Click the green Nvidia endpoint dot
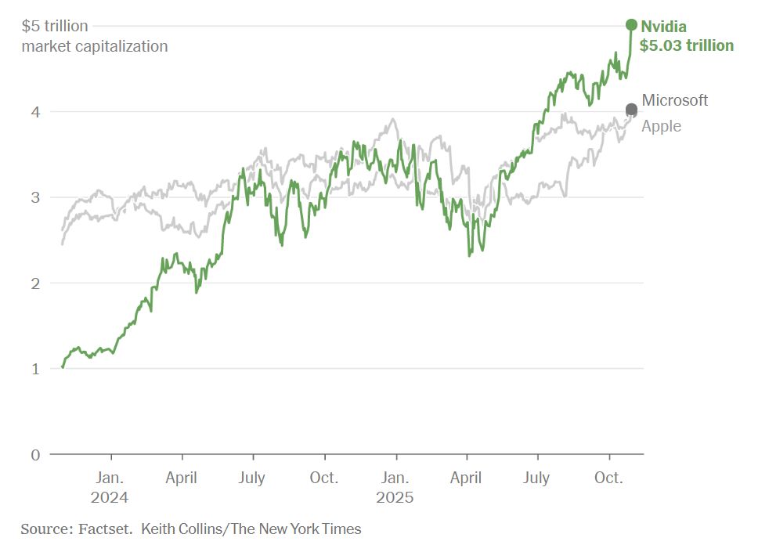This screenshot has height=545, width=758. coord(631,25)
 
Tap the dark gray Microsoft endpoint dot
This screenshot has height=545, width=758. coord(631,110)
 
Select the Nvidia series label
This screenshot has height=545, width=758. coord(663,27)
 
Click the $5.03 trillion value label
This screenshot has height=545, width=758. coord(687,45)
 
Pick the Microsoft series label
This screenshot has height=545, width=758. coord(674,100)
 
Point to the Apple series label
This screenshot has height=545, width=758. coord(661,126)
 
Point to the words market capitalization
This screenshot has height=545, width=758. coord(95,46)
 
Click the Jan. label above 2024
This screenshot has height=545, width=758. coord(110,478)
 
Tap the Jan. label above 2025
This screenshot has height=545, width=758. coord(395,478)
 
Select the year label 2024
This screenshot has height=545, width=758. coord(110,497)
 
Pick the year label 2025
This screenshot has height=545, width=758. coord(395,497)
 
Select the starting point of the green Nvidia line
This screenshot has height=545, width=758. coord(63,366)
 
